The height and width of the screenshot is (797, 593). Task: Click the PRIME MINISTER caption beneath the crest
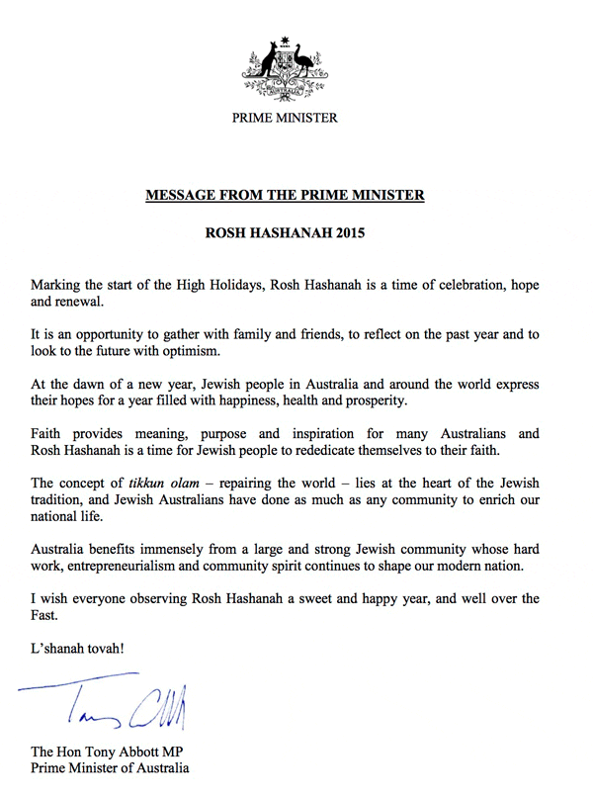coord(285,119)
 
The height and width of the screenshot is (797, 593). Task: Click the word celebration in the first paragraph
coord(454,286)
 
